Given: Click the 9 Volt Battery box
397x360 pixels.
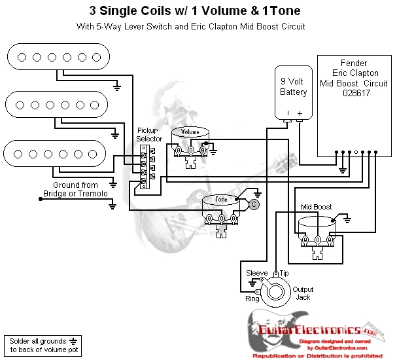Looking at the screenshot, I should tap(293, 92).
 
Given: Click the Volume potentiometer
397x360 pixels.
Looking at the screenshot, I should tap(190, 141).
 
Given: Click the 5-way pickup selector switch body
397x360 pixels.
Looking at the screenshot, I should tap(145, 167).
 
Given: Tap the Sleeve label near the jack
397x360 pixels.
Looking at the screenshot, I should tap(257, 272).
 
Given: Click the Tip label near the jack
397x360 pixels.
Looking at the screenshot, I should tap(284, 272).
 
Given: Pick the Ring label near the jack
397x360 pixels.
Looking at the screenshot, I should tap(252, 298).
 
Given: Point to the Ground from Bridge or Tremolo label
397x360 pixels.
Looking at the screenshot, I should tap(75, 189).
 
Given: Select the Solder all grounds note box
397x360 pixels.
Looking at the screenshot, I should tap(43, 344).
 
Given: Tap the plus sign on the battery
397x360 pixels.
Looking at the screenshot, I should tap(300, 114).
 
